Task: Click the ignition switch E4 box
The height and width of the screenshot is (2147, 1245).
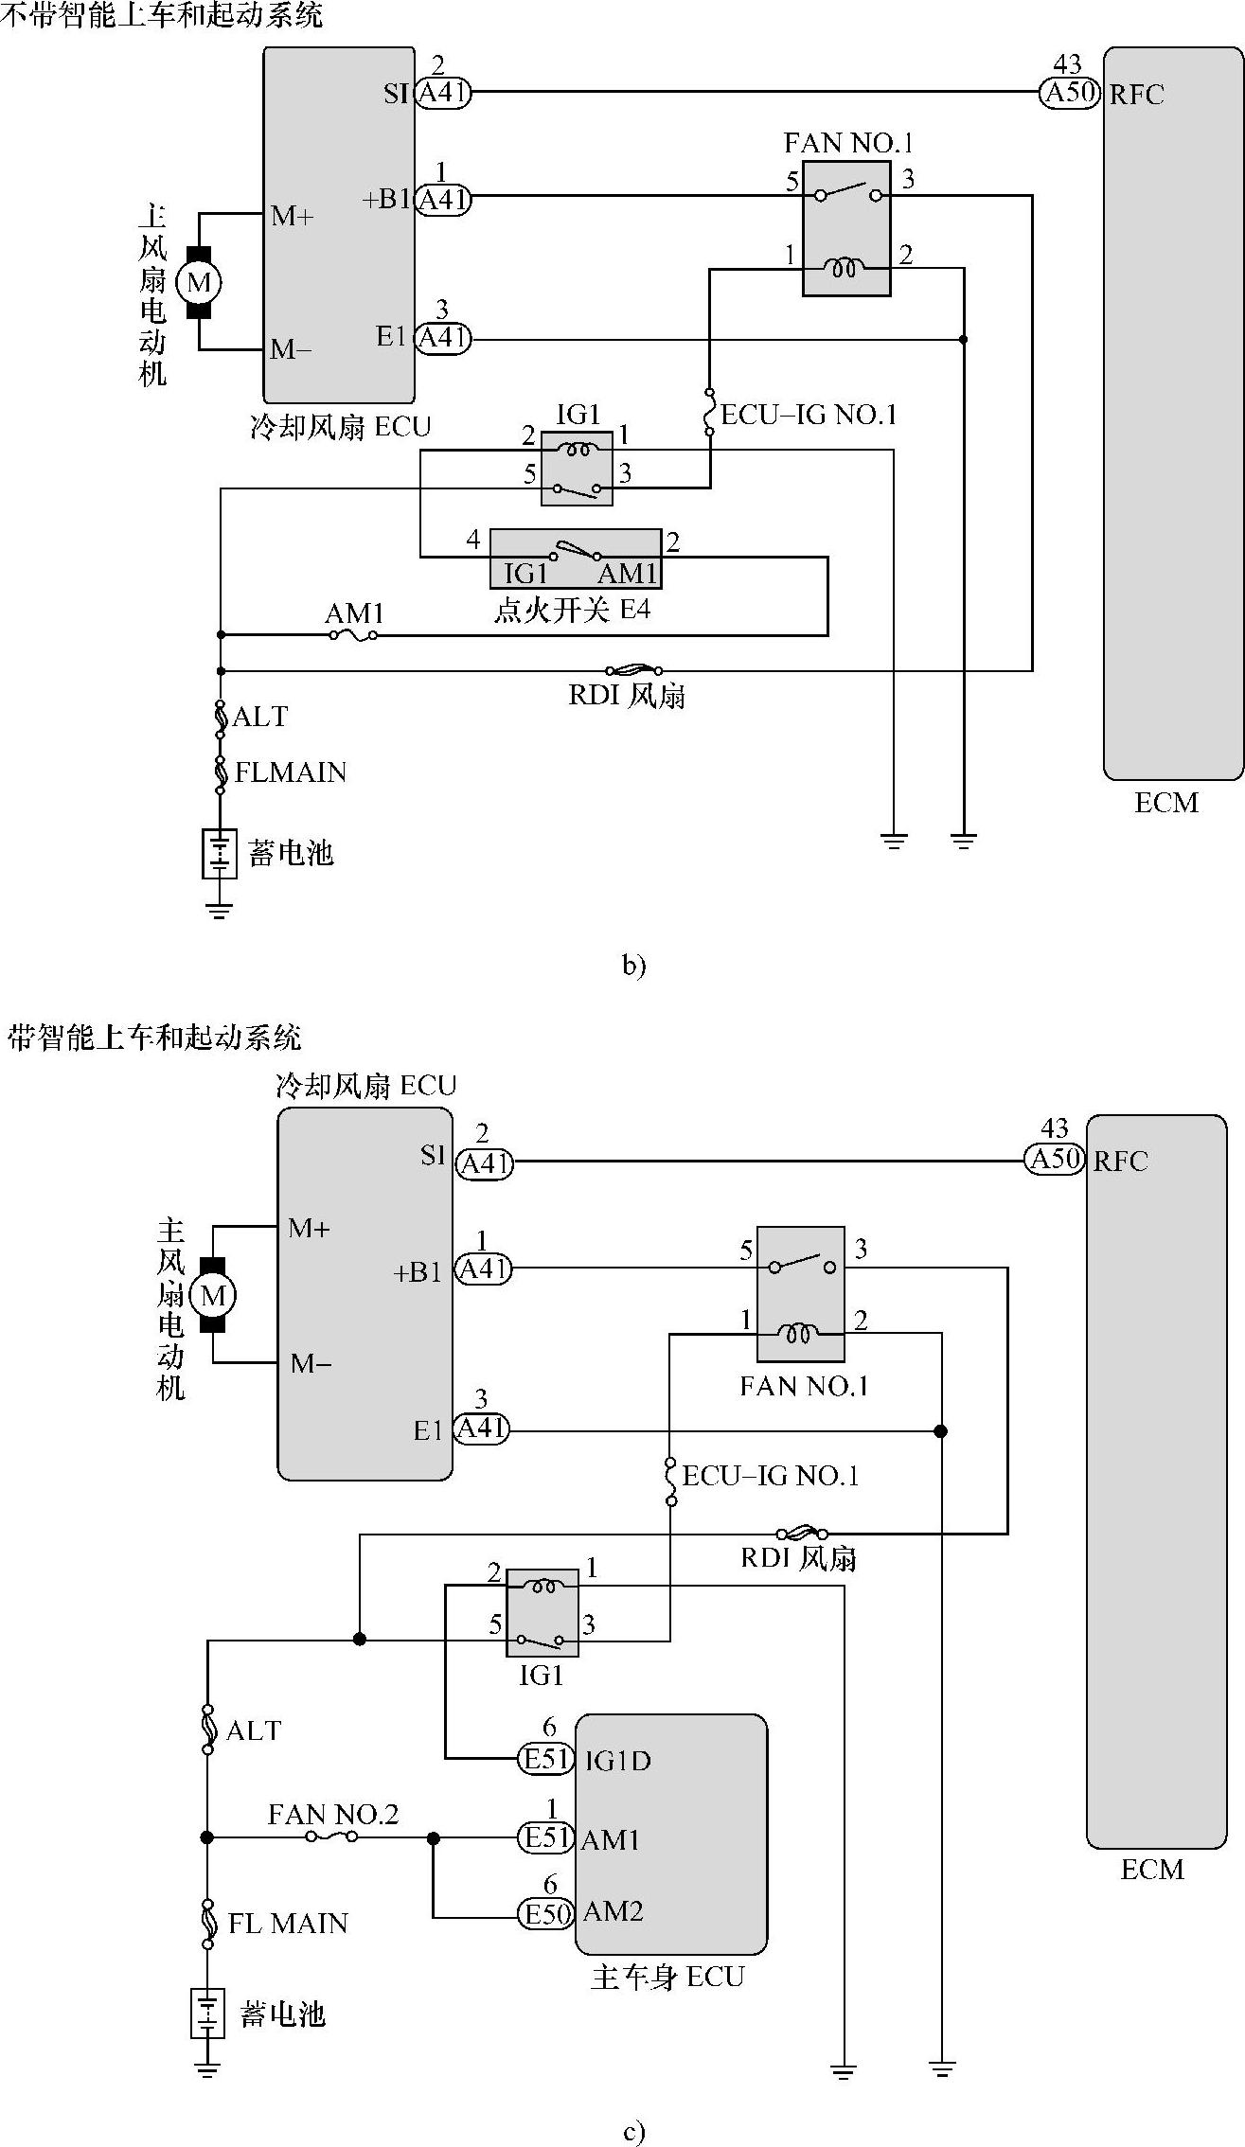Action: pyautogui.click(x=576, y=559)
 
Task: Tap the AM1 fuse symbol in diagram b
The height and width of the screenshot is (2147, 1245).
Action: pyautogui.click(x=353, y=635)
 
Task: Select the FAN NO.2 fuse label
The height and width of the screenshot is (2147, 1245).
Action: pyautogui.click(x=333, y=1814)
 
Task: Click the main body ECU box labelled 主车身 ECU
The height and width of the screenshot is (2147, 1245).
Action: pyautogui.click(x=670, y=1834)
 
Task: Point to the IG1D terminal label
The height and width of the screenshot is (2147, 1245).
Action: pyautogui.click(x=617, y=1761)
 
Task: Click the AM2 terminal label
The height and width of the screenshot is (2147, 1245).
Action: pyautogui.click(x=613, y=1911)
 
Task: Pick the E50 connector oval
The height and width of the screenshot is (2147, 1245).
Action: pyautogui.click(x=546, y=1914)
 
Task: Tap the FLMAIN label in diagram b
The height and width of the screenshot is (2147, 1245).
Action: pyautogui.click(x=291, y=772)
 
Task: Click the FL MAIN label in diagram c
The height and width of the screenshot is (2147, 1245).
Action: pyautogui.click(x=288, y=1924)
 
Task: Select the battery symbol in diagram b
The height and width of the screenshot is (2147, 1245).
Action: pyautogui.click(x=219, y=853)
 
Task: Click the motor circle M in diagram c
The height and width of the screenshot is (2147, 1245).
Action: pyautogui.click(x=213, y=1295)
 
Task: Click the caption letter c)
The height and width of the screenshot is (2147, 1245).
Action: pyautogui.click(x=633, y=2132)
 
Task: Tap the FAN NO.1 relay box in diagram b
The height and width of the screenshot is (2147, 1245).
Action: pyautogui.click(x=846, y=228)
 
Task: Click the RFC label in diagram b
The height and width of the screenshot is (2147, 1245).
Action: pyautogui.click(x=1136, y=94)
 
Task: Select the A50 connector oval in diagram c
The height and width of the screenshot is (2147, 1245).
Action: pyautogui.click(x=1054, y=1160)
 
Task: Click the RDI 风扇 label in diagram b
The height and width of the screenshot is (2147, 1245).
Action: pyautogui.click(x=627, y=697)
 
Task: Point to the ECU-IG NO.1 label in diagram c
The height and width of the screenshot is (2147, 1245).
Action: pyautogui.click(x=770, y=1476)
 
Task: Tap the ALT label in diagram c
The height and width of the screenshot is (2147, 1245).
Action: pyautogui.click(x=254, y=1730)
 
